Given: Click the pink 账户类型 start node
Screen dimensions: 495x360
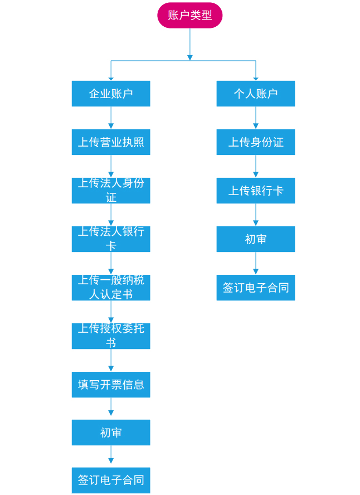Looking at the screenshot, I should tap(189, 15).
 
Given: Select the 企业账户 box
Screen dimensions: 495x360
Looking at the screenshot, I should tap(111, 94).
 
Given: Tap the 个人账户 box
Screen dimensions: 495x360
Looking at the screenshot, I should tap(255, 94).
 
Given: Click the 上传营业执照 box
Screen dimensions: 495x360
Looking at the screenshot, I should tap(111, 142).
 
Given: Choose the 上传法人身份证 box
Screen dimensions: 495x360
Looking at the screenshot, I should tap(111, 191).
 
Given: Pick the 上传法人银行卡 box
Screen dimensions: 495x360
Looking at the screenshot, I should tap(111, 239).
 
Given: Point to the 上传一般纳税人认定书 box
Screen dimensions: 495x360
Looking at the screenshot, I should tap(111, 288).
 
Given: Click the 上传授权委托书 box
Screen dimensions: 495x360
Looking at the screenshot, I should tap(111, 336).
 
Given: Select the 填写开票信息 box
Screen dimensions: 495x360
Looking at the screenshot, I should tap(111, 385).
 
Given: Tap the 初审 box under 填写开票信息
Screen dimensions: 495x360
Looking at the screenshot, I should tap(111, 433).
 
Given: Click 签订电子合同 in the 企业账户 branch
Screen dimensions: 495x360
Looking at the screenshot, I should tap(111, 480).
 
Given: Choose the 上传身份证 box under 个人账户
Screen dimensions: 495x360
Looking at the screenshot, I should tap(255, 142).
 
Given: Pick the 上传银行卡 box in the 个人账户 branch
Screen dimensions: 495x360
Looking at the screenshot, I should tap(255, 191).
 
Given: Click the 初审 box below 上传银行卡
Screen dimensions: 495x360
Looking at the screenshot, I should tap(255, 239).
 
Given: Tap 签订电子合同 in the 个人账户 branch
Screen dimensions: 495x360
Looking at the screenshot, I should tap(255, 288).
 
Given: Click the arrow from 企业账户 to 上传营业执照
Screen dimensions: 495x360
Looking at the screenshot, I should tap(111, 118).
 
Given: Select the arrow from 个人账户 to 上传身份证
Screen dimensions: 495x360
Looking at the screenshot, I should tap(256, 118).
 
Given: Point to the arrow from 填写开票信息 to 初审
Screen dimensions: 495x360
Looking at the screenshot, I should tap(111, 408).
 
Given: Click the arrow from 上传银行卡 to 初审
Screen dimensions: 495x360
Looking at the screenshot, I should tap(256, 215).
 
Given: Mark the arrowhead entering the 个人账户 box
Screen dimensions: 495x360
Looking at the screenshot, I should tap(256, 79).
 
